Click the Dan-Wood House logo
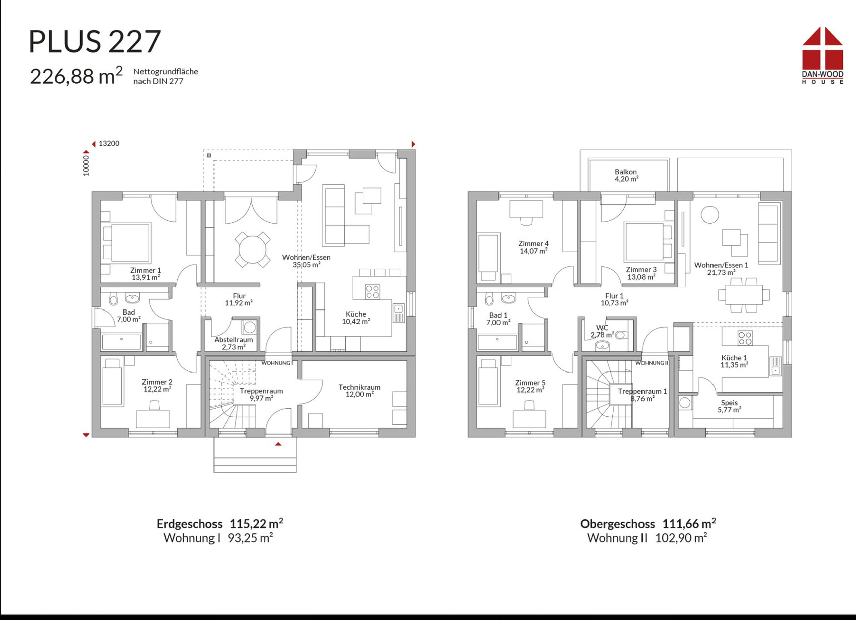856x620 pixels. tap(823, 55)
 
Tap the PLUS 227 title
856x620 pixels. tap(95, 41)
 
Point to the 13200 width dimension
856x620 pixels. tap(109, 144)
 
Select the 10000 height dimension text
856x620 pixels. tap(86, 165)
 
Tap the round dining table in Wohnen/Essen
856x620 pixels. tap(252, 250)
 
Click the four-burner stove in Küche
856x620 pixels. tap(372, 292)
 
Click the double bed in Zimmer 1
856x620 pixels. tap(126, 242)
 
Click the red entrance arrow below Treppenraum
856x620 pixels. tap(278, 444)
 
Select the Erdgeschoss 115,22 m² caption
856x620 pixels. tap(220, 523)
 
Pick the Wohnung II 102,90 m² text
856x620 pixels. tap(647, 538)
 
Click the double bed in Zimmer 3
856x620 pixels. tap(648, 241)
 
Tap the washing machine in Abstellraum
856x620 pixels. tap(249, 328)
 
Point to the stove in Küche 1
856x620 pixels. tap(745, 338)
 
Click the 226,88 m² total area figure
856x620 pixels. tap(77, 76)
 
